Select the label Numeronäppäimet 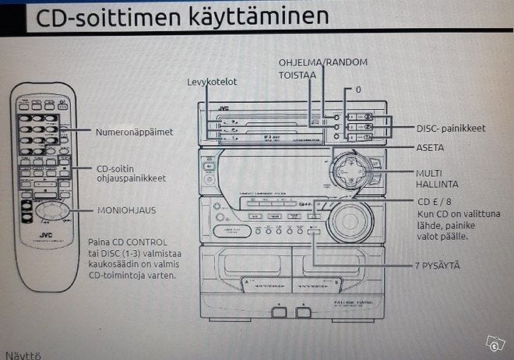[x=135, y=132]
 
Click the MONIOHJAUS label [x=127, y=210]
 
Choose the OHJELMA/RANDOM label [x=323, y=62]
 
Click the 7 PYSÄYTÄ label [x=436, y=266]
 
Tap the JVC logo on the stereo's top [x=224, y=108]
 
